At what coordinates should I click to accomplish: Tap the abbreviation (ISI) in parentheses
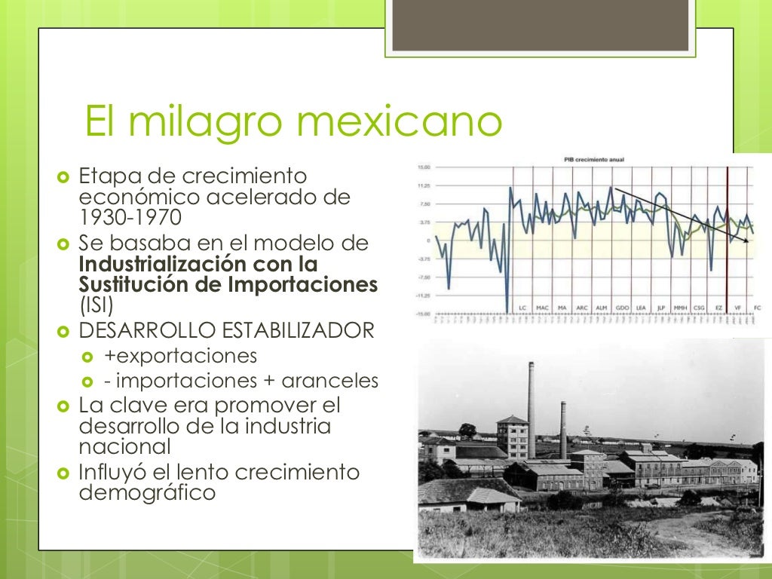coord(95,305)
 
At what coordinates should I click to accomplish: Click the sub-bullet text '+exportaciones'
coord(181,355)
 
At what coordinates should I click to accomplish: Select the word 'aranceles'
coord(341,381)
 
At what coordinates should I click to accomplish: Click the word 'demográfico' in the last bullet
coord(147,493)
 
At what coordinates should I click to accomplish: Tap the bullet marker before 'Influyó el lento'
coord(63,473)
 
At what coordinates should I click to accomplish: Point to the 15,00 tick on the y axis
coord(424,167)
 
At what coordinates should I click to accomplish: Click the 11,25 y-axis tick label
coord(424,185)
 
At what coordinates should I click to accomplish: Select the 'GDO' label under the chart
coord(622,308)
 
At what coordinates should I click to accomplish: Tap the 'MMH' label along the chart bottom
coord(680,308)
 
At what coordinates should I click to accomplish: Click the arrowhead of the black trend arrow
coord(746,241)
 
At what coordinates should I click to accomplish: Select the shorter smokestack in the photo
coord(563,430)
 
